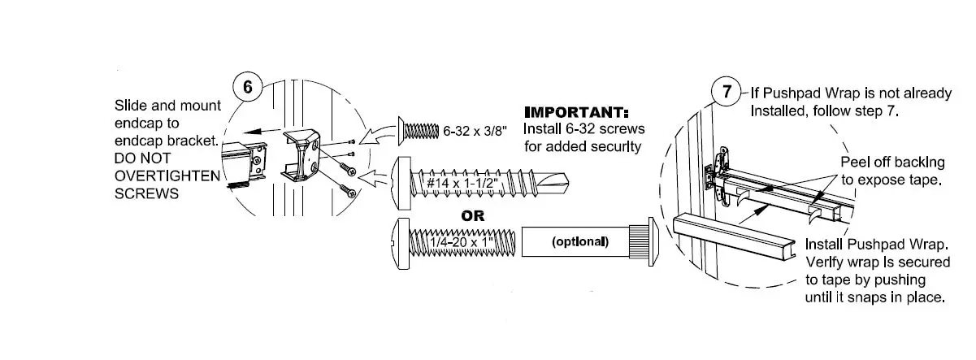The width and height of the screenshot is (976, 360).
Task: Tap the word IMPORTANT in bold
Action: (577, 112)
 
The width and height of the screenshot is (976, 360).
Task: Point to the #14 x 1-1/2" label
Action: (466, 184)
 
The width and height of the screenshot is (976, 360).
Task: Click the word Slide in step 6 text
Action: (132, 107)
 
